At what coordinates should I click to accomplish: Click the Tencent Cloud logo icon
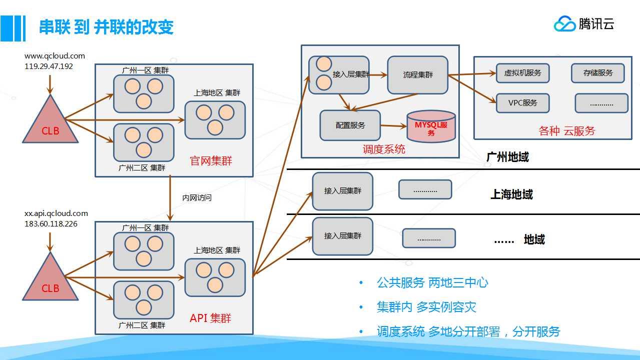tap(564, 23)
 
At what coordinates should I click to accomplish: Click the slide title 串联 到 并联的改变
tap(106, 27)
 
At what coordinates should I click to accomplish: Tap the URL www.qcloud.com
tap(55, 56)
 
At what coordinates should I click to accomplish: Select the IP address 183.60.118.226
tap(51, 224)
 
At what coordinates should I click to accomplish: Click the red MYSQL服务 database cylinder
tap(431, 126)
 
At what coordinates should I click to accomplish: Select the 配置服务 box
tap(350, 125)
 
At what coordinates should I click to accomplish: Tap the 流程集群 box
tap(418, 75)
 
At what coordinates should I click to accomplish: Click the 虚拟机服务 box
tap(522, 73)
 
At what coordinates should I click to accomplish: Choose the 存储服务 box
tap(598, 73)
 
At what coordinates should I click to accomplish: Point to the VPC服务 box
tap(522, 103)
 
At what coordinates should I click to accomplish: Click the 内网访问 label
tap(197, 198)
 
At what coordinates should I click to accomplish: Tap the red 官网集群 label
tap(211, 161)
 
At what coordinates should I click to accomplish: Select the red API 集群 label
tap(210, 318)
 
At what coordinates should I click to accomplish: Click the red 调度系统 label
tap(384, 149)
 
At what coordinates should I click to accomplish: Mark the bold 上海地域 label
tap(511, 194)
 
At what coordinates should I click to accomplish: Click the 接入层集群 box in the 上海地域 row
tap(343, 191)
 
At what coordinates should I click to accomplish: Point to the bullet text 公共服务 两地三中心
tap(432, 282)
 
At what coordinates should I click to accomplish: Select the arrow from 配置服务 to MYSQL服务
tap(394, 125)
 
